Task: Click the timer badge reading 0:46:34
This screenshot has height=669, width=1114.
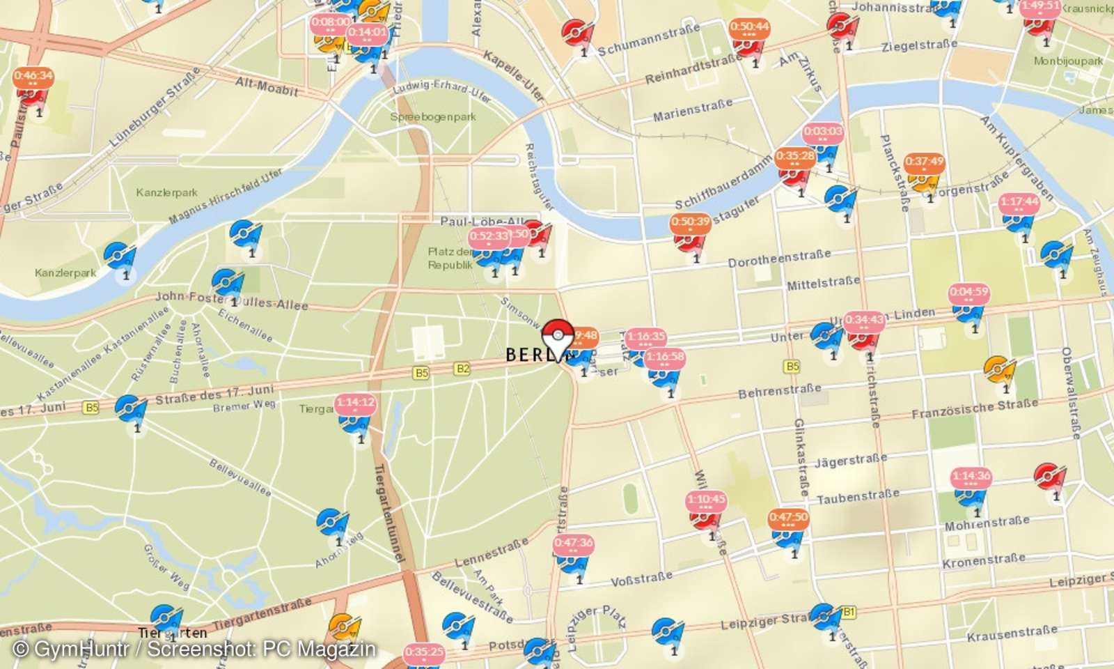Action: tap(33, 76)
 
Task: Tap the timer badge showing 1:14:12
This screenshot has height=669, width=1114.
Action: tap(355, 403)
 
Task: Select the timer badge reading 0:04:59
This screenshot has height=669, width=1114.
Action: tap(968, 292)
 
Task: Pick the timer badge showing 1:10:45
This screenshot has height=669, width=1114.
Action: tap(706, 500)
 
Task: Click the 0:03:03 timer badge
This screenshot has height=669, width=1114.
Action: tap(822, 132)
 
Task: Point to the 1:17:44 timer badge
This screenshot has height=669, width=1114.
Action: tap(1019, 202)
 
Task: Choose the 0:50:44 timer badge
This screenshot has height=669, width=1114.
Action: tap(749, 27)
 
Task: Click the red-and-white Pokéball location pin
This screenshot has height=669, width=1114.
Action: tap(557, 339)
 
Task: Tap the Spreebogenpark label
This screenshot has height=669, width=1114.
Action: tap(433, 117)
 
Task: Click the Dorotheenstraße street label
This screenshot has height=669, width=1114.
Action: tap(779, 259)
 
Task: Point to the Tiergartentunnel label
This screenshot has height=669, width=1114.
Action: tap(389, 512)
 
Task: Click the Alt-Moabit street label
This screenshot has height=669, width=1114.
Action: tap(267, 86)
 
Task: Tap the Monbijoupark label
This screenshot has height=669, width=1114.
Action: tap(1068, 61)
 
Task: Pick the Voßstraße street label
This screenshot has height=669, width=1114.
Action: tap(641, 579)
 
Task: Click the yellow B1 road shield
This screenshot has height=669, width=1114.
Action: tap(848, 612)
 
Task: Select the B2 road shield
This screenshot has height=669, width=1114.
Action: tap(462, 369)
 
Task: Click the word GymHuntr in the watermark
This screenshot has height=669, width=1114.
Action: tap(81, 649)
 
